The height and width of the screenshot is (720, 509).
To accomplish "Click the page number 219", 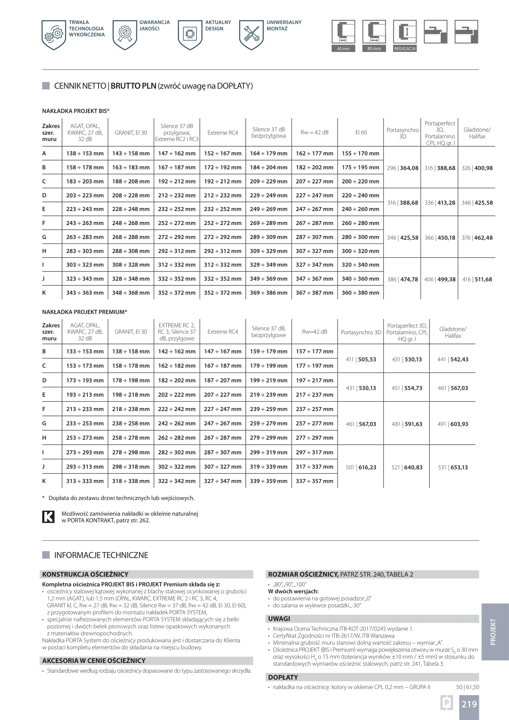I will point(469,704).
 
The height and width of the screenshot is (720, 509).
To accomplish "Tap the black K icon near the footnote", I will point(48,517).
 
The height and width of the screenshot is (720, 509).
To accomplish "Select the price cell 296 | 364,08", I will point(402,168).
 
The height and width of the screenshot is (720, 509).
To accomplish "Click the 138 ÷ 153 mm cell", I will point(85,154).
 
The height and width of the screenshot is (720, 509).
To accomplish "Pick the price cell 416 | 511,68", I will point(477,279).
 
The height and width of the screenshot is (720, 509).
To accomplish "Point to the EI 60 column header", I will point(361,132).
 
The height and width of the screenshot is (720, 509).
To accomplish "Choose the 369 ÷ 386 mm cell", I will point(268,293).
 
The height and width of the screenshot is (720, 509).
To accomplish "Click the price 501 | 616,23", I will point(361,467).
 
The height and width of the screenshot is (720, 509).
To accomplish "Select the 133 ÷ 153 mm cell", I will point(85,351).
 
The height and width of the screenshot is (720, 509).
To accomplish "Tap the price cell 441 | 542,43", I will point(453,359).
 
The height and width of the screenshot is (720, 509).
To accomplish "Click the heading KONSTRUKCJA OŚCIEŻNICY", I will point(85,574).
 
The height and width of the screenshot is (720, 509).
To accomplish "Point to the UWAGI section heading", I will point(279,619).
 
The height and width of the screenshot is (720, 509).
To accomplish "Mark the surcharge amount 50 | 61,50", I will point(467,687).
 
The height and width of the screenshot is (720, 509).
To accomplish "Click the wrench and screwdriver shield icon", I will point(251,34).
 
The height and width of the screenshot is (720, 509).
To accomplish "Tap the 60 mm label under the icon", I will point(343,49).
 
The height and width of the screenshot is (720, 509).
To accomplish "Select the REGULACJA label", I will point(405,49).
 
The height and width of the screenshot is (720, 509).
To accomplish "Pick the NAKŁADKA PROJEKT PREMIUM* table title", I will point(85,312).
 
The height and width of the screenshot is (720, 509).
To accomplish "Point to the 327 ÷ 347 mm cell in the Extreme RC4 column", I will point(223,481).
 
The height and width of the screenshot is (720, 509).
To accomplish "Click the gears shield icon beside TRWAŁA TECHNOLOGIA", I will point(54,34).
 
